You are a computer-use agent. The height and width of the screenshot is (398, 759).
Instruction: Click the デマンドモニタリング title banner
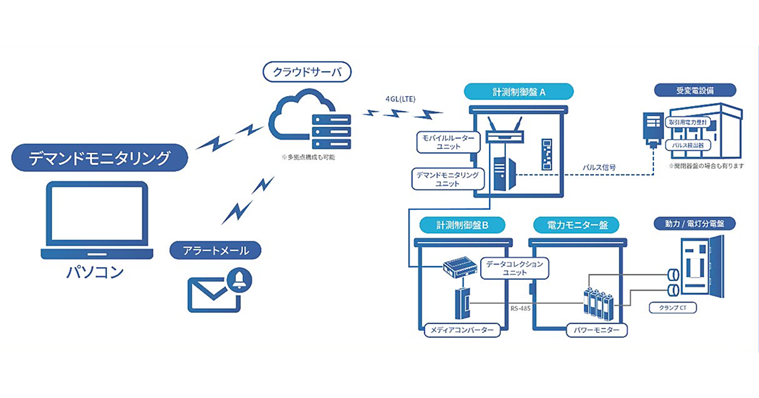(100, 158)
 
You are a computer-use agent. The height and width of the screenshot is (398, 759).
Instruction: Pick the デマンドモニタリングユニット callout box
(445, 178)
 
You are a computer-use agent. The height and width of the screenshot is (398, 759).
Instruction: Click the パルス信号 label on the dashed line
(600, 169)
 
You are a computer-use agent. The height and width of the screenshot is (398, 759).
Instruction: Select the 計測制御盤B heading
(462, 224)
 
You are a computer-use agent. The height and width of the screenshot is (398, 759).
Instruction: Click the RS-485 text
(522, 309)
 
